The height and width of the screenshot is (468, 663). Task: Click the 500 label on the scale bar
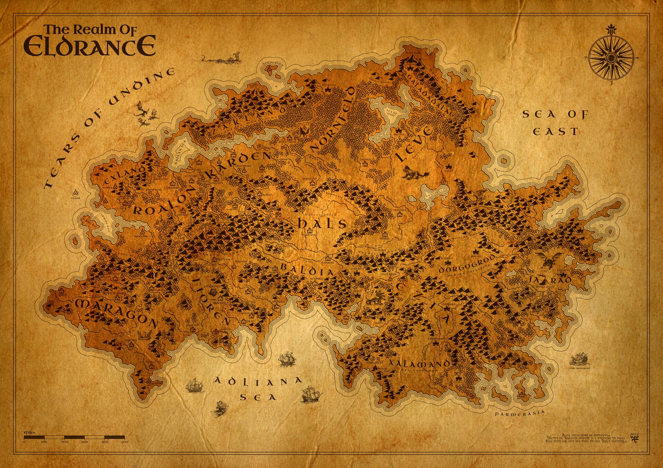125,442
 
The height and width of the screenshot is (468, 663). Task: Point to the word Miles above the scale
30,432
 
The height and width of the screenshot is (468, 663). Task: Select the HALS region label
322,224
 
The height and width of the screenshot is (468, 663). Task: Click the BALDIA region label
307,270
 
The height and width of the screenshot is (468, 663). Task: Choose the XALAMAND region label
419,363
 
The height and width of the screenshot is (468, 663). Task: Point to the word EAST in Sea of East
555,132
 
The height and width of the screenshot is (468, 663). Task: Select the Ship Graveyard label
579,368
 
